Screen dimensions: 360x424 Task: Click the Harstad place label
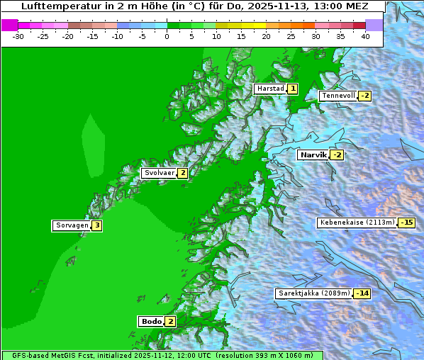(x=270, y=89)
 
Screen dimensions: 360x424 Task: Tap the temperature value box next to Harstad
(x=292, y=89)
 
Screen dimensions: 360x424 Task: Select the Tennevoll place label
(x=338, y=96)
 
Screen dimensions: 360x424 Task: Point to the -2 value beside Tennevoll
(x=364, y=96)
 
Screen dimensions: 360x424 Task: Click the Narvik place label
(x=313, y=154)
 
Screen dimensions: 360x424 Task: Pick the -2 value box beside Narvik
(x=337, y=154)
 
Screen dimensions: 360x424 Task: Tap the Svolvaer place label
(x=158, y=173)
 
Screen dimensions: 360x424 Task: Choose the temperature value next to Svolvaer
(x=182, y=173)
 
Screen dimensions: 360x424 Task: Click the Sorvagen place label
(x=71, y=225)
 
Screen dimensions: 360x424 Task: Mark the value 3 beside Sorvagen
(x=97, y=225)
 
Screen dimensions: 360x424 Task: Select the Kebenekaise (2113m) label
(x=357, y=223)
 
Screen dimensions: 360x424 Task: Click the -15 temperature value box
(x=406, y=223)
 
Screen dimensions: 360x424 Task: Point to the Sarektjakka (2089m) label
(x=313, y=293)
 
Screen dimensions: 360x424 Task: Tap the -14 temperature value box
(x=362, y=293)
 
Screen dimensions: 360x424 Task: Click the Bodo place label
(x=152, y=321)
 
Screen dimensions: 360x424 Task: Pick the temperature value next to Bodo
(x=170, y=321)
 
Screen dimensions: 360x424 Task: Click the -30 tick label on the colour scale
(x=18, y=36)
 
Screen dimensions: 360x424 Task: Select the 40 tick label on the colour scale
(x=365, y=36)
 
